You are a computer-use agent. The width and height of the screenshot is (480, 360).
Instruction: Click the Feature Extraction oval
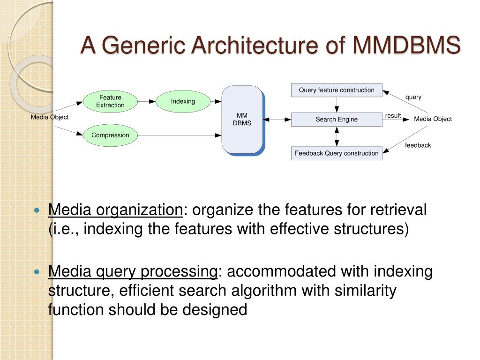click(110, 101)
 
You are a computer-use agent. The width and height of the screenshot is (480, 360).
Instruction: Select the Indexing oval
click(182, 101)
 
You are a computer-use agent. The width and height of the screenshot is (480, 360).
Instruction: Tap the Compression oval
click(110, 135)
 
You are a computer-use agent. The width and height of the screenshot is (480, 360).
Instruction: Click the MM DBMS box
click(242, 120)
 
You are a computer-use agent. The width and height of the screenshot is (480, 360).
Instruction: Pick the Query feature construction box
click(337, 90)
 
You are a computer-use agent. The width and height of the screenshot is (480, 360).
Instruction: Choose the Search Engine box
click(337, 120)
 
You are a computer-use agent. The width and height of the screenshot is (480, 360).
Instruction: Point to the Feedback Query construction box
click(337, 153)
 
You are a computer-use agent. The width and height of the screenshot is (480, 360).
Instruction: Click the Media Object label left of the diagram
click(50, 117)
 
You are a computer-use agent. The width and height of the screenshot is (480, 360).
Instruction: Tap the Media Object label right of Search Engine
click(433, 119)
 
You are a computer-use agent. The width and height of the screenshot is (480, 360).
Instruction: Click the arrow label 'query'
click(413, 97)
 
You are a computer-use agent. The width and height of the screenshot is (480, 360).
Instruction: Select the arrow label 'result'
click(393, 116)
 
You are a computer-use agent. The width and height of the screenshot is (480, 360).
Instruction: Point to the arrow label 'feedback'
click(418, 145)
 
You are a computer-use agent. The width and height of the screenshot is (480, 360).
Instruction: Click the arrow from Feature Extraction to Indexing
click(146, 101)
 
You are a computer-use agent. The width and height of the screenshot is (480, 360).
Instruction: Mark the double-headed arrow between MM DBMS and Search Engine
click(277, 120)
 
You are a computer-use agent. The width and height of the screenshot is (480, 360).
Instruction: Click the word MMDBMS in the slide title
click(406, 45)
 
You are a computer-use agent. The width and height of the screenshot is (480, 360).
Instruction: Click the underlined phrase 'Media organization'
click(116, 210)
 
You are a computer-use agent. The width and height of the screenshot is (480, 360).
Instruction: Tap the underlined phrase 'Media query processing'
click(133, 271)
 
